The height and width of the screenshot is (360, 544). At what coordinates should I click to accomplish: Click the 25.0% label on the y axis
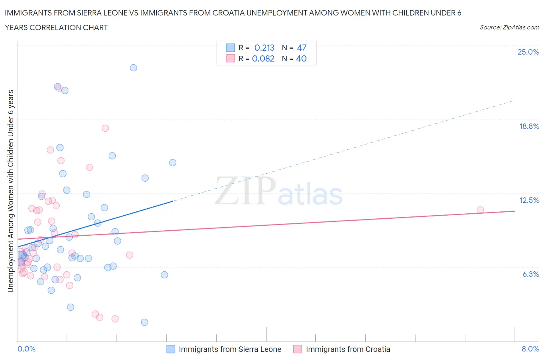pyautogui.click(x=528, y=52)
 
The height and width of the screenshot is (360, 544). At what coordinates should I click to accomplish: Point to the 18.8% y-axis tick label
pyautogui.click(x=529, y=126)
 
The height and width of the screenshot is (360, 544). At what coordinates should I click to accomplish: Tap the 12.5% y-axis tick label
pyautogui.click(x=529, y=200)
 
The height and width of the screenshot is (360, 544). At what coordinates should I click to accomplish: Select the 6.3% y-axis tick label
pyautogui.click(x=530, y=274)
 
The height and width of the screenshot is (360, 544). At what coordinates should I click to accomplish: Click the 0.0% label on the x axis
pyautogui.click(x=26, y=349)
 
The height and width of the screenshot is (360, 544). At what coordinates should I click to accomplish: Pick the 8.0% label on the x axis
pyautogui.click(x=530, y=349)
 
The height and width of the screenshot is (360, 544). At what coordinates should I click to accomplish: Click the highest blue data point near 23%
pyautogui.click(x=133, y=68)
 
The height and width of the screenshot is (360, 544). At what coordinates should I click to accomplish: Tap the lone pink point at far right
pyautogui.click(x=480, y=210)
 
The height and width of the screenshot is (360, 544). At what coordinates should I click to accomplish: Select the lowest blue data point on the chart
pyautogui.click(x=145, y=322)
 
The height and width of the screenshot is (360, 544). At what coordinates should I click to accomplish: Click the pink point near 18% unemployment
pyautogui.click(x=105, y=128)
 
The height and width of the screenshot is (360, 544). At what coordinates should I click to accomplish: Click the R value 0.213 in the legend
pyautogui.click(x=264, y=48)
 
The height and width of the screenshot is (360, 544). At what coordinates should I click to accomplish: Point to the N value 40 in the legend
pyautogui.click(x=301, y=58)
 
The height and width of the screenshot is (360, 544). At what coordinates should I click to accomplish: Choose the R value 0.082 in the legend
pyautogui.click(x=263, y=58)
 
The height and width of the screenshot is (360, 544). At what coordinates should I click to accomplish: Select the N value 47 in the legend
pyautogui.click(x=302, y=48)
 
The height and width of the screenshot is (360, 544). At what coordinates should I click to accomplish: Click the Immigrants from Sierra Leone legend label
pyautogui.click(x=230, y=349)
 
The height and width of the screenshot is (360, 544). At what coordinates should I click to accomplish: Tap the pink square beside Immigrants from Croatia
pyautogui.click(x=298, y=349)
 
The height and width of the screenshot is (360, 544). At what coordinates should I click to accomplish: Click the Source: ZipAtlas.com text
pyautogui.click(x=509, y=27)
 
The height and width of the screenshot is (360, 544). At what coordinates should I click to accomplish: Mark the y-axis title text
pyautogui.click(x=11, y=191)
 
